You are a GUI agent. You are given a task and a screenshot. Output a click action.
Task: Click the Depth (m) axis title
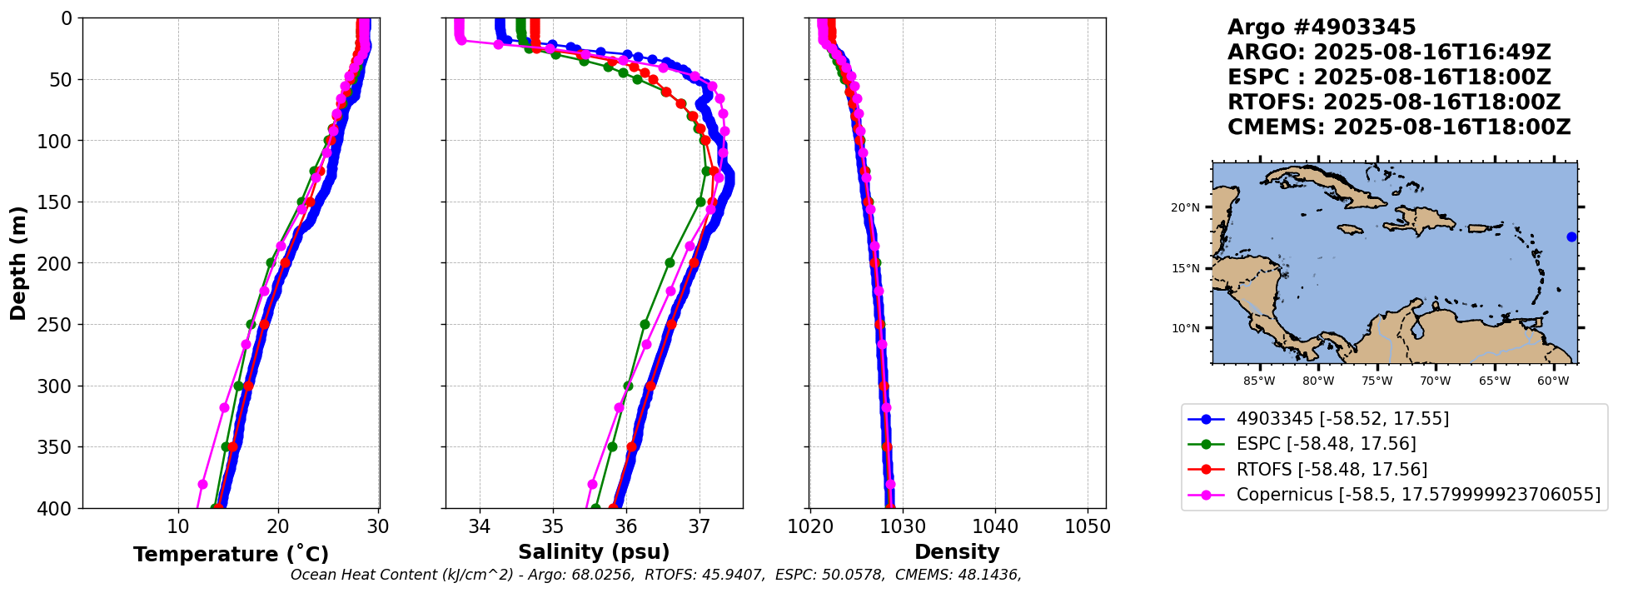pyautogui.click(x=17, y=263)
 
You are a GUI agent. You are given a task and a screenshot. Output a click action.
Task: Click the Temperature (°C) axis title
pyautogui.click(x=231, y=555)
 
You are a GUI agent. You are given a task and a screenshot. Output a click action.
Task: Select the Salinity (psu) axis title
pyautogui.click(x=594, y=552)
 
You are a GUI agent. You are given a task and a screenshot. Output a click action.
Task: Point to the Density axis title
pyautogui.click(x=957, y=552)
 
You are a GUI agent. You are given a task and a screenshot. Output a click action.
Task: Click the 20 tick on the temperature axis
pyautogui.click(x=278, y=527)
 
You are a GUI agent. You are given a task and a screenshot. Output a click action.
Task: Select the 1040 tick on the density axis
pyautogui.click(x=995, y=527)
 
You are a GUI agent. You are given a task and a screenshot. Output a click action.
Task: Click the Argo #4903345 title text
pyautogui.click(x=1322, y=27)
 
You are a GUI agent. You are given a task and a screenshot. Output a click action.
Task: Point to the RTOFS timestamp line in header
pyautogui.click(x=1394, y=102)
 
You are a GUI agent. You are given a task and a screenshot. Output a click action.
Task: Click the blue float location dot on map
pyautogui.click(x=1571, y=237)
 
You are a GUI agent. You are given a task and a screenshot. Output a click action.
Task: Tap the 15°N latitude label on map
pyautogui.click(x=1185, y=269)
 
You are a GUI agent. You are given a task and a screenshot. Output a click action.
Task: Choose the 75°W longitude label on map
pyautogui.click(x=1377, y=381)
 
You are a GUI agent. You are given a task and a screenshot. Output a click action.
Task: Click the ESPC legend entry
pyautogui.click(x=1326, y=444)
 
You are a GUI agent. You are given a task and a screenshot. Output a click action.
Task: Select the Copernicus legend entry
pyautogui.click(x=1418, y=495)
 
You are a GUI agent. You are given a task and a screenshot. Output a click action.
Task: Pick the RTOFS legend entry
pyautogui.click(x=1332, y=470)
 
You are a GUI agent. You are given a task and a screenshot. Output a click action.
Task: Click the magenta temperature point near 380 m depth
pyautogui.click(x=202, y=484)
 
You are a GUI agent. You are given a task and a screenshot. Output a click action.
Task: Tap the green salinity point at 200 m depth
pyautogui.click(x=670, y=262)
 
